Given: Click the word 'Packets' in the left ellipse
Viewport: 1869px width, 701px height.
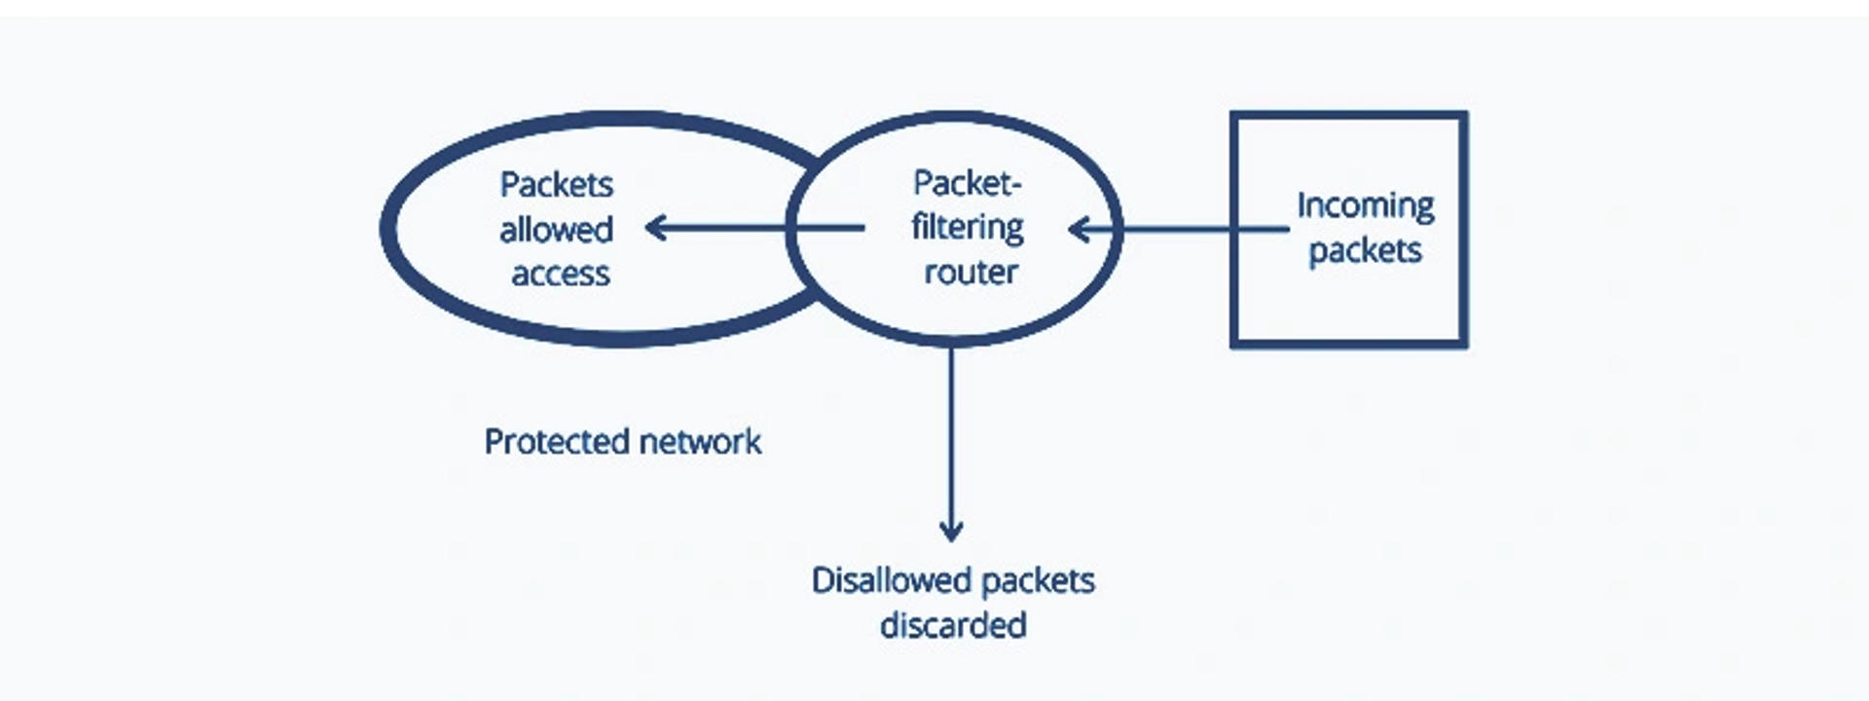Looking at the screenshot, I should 556,185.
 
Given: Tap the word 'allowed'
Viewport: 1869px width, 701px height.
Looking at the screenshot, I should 556,231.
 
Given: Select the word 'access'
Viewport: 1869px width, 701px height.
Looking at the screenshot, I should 561,275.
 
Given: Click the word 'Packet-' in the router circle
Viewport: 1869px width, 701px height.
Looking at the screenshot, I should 967,183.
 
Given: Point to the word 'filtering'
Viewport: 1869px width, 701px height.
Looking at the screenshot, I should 967,228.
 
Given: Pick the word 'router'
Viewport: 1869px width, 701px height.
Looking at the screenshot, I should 971,273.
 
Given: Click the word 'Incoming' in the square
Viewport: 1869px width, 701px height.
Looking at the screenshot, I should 1365,205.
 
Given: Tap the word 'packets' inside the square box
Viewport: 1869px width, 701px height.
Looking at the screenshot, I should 1365,251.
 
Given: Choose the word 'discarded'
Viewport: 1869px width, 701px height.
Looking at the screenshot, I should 953,625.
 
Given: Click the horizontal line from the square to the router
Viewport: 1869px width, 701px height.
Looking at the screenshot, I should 1178,230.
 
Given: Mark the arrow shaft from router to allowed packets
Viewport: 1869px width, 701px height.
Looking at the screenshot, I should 759,229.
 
